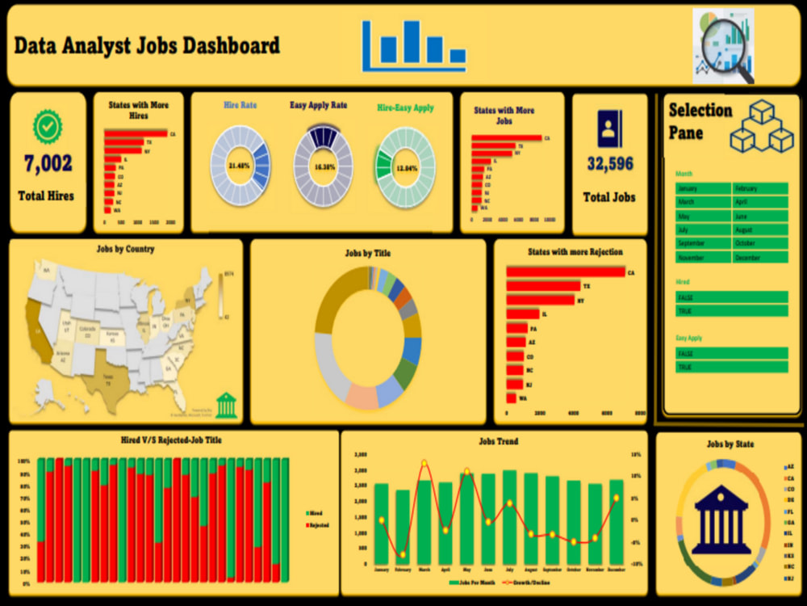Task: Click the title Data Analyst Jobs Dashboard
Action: coord(148,45)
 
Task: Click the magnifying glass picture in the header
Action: coord(724,46)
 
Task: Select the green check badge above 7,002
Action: coord(48,127)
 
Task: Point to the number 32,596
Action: coord(610,164)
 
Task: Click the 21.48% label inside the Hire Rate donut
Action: coord(240,166)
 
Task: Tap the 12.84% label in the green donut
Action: coord(407,168)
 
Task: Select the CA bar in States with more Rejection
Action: coord(566,272)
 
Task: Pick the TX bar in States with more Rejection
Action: coord(543,286)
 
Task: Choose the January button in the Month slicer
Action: coord(703,188)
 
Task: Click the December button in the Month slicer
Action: coord(759,257)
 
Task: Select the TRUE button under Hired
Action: coord(731,310)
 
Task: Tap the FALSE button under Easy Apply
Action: coord(731,353)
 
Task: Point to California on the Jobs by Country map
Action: coord(38,330)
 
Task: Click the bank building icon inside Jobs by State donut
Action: coord(721,521)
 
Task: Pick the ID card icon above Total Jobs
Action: coord(609,128)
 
